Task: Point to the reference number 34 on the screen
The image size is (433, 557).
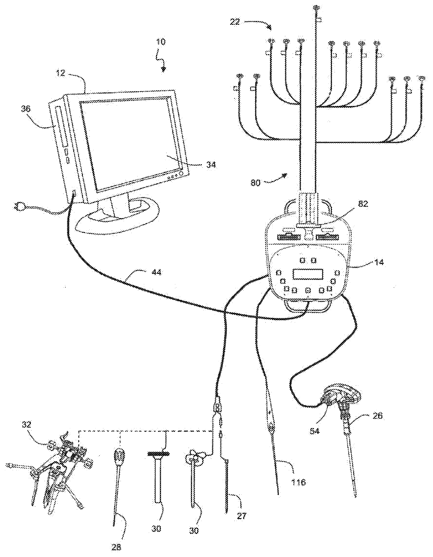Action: click(210, 164)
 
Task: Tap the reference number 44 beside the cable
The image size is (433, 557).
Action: click(156, 272)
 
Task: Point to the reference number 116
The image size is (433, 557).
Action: click(299, 482)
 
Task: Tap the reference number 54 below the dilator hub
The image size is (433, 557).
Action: click(315, 431)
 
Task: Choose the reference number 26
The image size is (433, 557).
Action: click(377, 415)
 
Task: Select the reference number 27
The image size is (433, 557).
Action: click(241, 516)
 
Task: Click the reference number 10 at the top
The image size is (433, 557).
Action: click(161, 42)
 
